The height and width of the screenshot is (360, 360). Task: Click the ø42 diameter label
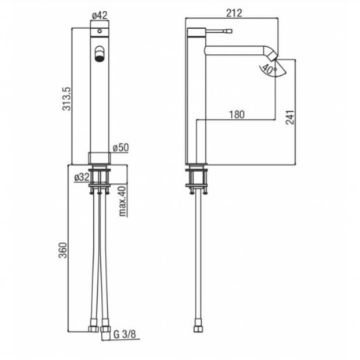(x=99, y=16)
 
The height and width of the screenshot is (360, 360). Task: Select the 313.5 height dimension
(x=67, y=99)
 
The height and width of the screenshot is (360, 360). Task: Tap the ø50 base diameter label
(x=121, y=148)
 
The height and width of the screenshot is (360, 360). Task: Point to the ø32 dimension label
(x=82, y=178)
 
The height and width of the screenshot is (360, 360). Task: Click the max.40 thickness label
(x=123, y=201)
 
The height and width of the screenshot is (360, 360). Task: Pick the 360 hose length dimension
(x=63, y=250)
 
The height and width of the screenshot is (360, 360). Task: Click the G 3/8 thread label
(x=124, y=334)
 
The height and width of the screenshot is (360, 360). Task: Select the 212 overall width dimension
(x=234, y=13)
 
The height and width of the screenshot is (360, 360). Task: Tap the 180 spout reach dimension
(x=237, y=114)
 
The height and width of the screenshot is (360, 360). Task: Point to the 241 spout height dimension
(x=290, y=117)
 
